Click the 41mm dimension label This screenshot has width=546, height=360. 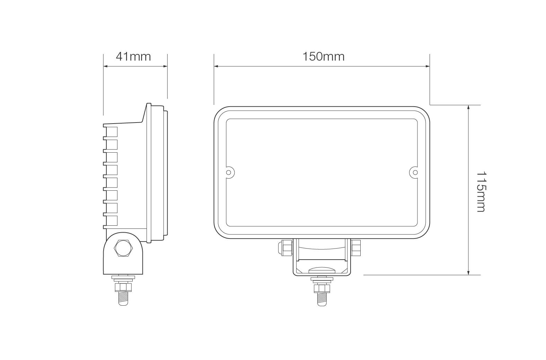(133, 56)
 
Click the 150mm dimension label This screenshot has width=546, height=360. (324, 56)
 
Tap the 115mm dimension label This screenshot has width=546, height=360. (481, 192)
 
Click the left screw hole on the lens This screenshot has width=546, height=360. (228, 172)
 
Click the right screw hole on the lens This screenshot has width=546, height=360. (415, 172)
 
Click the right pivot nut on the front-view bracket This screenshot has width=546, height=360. (356, 248)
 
